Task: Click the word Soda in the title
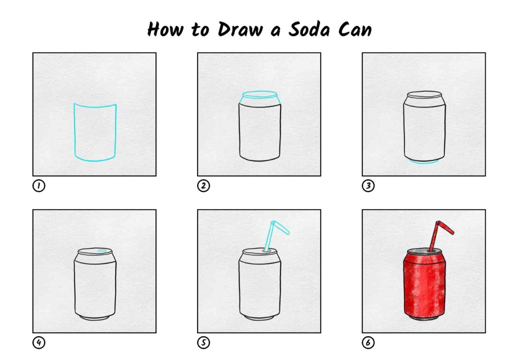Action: [309, 29]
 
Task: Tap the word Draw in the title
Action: [240, 29]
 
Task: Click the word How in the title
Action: [165, 29]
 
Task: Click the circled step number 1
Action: [39, 186]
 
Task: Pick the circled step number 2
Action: [203, 186]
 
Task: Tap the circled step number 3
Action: [368, 186]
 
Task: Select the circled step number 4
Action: [39, 342]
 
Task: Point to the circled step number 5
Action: [203, 342]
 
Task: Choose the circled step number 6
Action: [368, 342]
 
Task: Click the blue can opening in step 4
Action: [102, 251]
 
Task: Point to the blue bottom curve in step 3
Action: [424, 163]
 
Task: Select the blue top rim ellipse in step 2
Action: [259, 94]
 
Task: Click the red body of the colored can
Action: [424, 287]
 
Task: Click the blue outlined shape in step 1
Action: [75, 132]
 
